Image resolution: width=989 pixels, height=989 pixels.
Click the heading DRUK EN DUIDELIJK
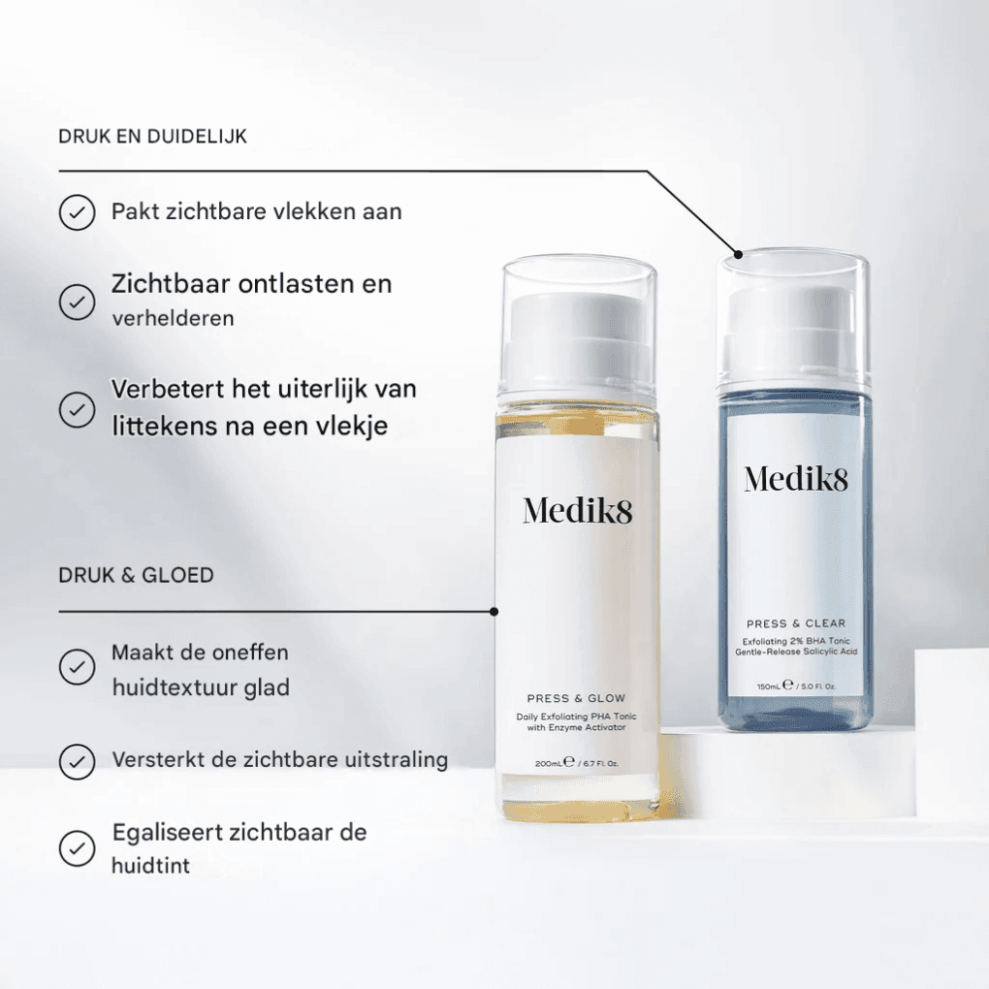pos(152,137)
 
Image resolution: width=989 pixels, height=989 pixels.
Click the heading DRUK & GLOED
pos(136,575)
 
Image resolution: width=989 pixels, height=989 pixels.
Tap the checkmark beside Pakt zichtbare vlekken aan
pos(77,212)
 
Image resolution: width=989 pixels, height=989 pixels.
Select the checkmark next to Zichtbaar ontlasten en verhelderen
pos(77,302)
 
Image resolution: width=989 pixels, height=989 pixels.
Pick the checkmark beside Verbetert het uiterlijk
pos(77,408)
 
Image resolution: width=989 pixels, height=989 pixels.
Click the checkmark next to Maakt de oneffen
pos(77,667)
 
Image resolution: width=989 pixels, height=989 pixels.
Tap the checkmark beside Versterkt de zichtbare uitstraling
pos(77,761)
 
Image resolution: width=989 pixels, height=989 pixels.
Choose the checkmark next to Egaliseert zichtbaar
pos(77,847)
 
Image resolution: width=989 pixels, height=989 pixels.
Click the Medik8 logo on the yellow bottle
pos(577,511)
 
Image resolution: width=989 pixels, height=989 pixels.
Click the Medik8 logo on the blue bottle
pos(796,479)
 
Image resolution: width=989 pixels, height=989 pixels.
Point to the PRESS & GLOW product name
pos(576,698)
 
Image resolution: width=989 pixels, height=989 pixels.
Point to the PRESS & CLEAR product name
pos(796,623)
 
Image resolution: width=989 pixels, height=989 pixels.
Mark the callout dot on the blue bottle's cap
pos(739,255)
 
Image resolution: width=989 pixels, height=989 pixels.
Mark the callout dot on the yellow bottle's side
pos(494,612)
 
